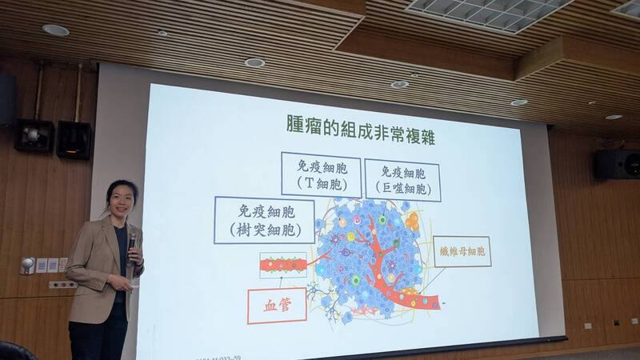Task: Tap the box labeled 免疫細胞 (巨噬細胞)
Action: (x=402, y=179)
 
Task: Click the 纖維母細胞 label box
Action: (x=462, y=250)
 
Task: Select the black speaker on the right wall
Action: (x=616, y=164)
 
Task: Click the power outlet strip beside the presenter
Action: (x=62, y=284)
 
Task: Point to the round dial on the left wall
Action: (x=27, y=266)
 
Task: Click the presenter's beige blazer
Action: (x=96, y=264)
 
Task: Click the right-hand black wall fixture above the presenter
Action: (x=74, y=139)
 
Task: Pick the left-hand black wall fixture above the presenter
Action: (x=34, y=136)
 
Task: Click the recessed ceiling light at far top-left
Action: (x=55, y=30)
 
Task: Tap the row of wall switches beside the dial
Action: (x=51, y=264)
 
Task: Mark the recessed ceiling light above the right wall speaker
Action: (x=614, y=117)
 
